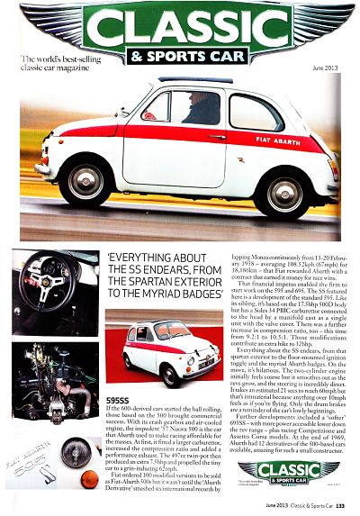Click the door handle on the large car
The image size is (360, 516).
click(217, 138)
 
